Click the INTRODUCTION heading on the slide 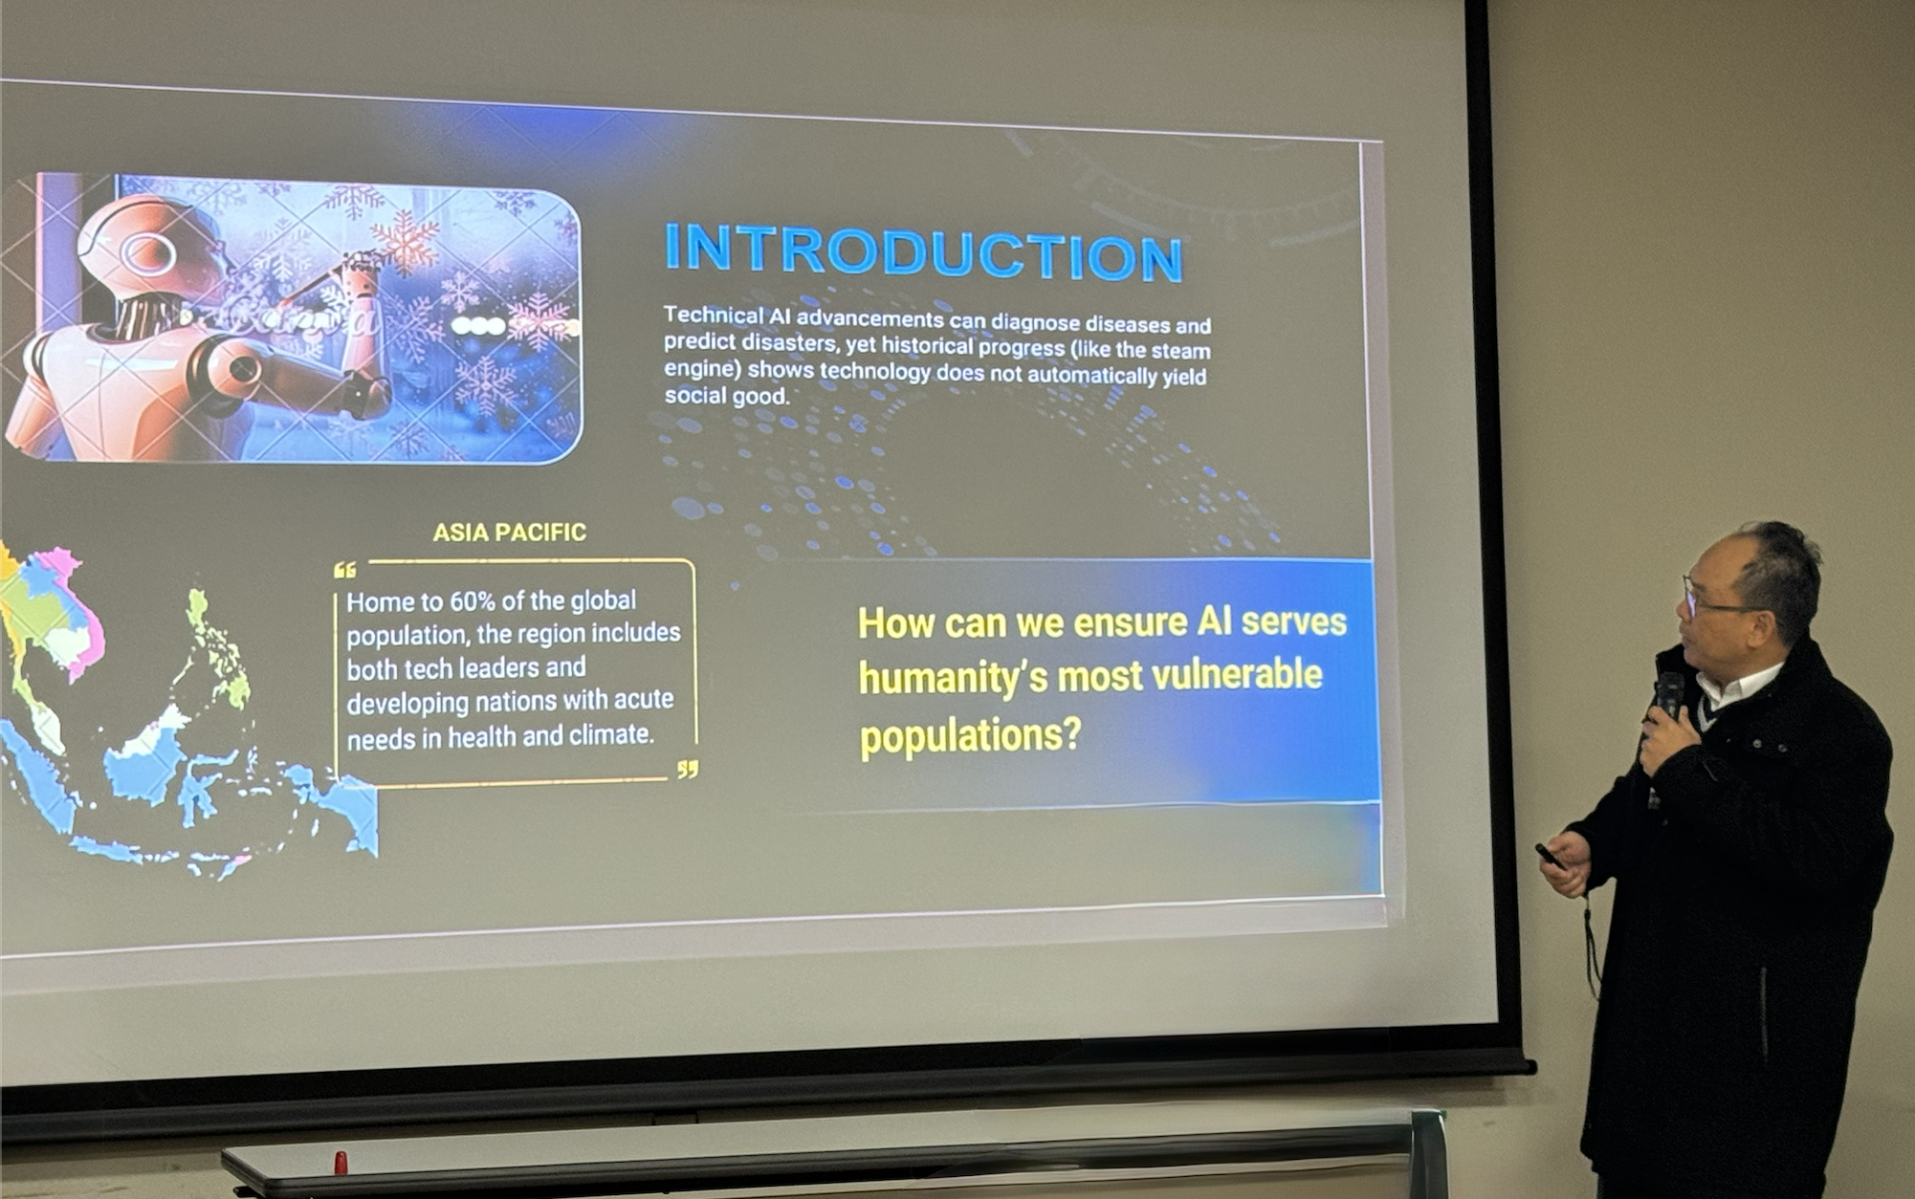coord(924,251)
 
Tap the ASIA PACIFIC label coord(509,533)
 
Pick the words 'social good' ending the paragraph coord(727,395)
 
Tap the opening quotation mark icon coord(345,571)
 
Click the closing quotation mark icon coord(688,769)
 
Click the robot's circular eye coord(149,253)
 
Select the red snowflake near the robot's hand coord(405,243)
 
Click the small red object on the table coord(341,1163)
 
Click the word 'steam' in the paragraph coord(1180,350)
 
